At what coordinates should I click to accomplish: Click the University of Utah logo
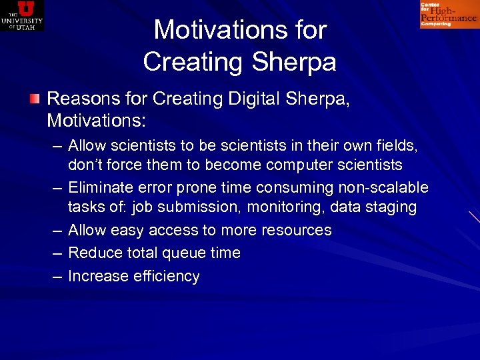click(22, 15)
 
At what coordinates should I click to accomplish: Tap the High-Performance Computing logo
click(449, 15)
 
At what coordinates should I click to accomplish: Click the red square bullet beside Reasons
click(34, 99)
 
